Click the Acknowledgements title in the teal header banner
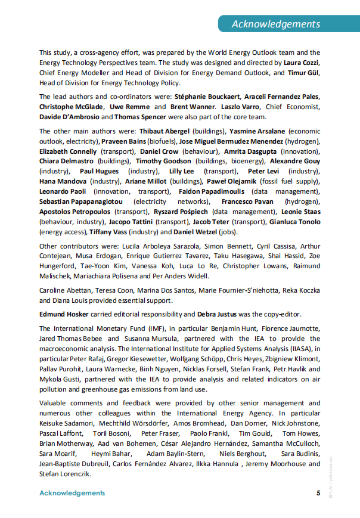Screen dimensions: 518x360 (275, 24)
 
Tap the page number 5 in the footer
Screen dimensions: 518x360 (318, 493)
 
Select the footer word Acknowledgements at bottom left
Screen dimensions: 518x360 (72, 493)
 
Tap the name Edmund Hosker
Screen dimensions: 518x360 (63, 314)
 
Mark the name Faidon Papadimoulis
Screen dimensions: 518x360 (210, 191)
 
